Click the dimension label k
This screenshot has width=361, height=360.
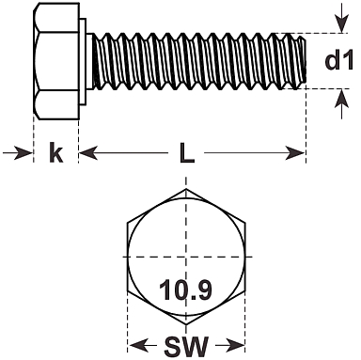tap(56, 152)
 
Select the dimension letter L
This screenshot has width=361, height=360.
tap(187, 153)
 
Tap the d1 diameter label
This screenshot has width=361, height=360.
tap(339, 60)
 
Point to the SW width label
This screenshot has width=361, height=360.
tap(186, 346)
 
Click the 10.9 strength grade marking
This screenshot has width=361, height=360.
tap(185, 290)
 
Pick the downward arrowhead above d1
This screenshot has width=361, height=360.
tap(341, 24)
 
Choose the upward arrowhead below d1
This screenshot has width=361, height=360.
tap(341, 98)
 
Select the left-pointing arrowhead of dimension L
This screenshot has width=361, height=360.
tap(88, 153)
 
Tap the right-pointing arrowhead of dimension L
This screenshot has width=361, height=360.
tap(294, 153)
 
